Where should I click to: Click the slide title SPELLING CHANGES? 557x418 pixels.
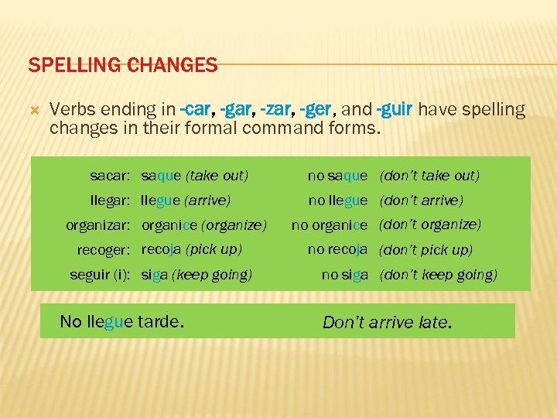(122, 65)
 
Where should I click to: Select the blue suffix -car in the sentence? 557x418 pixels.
(196, 110)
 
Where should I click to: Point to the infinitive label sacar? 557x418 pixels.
(110, 176)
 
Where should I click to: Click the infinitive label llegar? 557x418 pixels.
(110, 200)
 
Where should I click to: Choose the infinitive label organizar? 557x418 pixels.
(97, 225)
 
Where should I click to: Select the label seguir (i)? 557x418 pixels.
(100, 275)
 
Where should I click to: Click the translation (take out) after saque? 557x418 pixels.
(217, 176)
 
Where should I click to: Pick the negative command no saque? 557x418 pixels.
(337, 176)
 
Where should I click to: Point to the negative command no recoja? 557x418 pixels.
(337, 250)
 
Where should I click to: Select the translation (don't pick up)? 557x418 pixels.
(425, 250)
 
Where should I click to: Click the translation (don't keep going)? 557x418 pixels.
(439, 275)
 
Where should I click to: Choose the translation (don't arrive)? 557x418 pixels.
(421, 200)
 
